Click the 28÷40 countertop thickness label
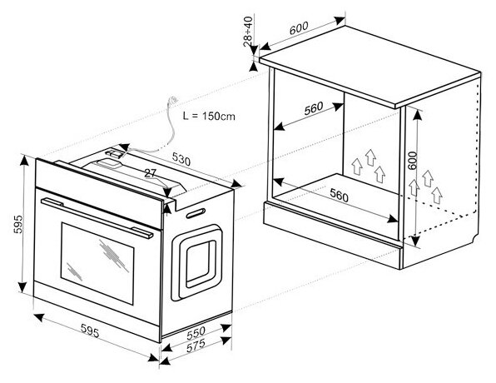(248, 32)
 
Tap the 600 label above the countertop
(299, 28)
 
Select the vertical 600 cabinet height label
(412, 161)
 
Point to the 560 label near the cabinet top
(314, 108)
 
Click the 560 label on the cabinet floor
(339, 195)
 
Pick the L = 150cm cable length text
(209, 117)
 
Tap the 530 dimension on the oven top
(181, 159)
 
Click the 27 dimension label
(151, 173)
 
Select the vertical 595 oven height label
(18, 224)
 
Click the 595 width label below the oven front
(90, 331)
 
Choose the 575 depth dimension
(196, 346)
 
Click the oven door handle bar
(97, 217)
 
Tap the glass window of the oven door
(97, 263)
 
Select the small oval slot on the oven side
(196, 213)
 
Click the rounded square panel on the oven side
(196, 262)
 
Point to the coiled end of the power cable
(173, 100)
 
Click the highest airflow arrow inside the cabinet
(370, 157)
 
